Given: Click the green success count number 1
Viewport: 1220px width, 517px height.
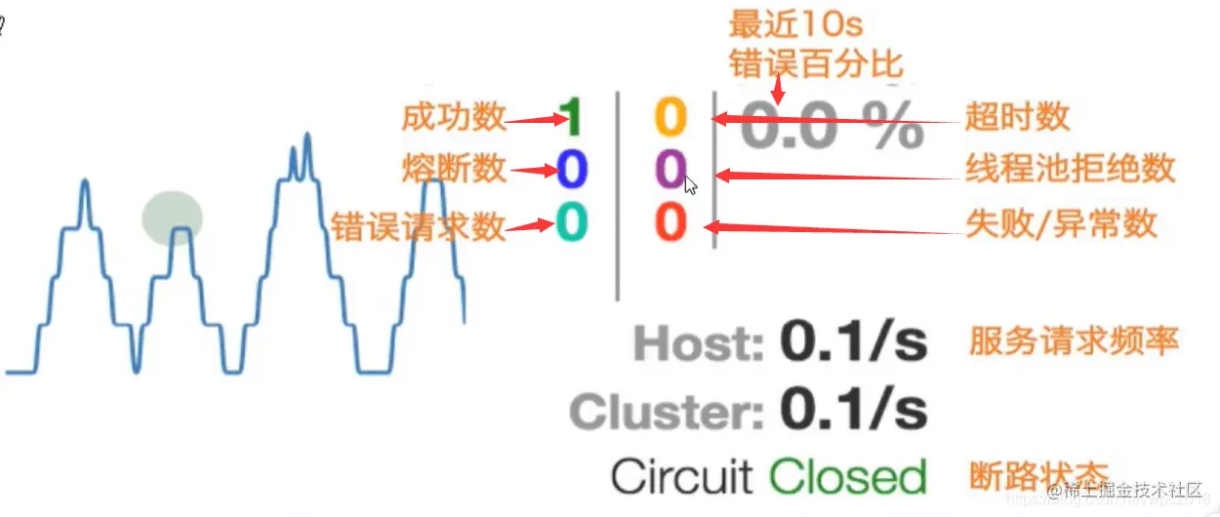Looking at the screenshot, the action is tap(571, 118).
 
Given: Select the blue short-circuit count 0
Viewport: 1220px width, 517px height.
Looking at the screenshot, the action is tap(572, 170).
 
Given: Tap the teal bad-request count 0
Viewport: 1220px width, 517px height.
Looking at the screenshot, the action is tap(572, 223).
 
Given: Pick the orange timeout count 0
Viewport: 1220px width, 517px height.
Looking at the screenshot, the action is tap(671, 118).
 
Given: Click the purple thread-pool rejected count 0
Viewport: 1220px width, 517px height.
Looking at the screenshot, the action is tap(671, 170).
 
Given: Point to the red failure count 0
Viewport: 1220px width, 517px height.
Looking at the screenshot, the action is tap(671, 223).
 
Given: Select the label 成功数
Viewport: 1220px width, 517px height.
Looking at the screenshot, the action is tap(454, 118).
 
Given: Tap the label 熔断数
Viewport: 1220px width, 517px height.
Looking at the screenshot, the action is tap(454, 170).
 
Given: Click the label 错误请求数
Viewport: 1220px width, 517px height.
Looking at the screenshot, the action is tap(419, 225).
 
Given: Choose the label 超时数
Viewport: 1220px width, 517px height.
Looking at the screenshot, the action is tap(1017, 118).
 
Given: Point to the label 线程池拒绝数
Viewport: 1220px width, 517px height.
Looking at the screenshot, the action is tap(1070, 170).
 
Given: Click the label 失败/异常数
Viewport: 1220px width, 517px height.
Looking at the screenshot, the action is tap(1061, 224).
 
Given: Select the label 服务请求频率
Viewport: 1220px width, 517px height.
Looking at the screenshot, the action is tap(1074, 341).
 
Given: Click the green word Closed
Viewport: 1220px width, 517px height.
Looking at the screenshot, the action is tap(847, 478).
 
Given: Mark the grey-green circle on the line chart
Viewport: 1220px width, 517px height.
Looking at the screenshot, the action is tap(173, 217).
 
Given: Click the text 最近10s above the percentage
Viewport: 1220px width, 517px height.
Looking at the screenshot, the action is tap(795, 22).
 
